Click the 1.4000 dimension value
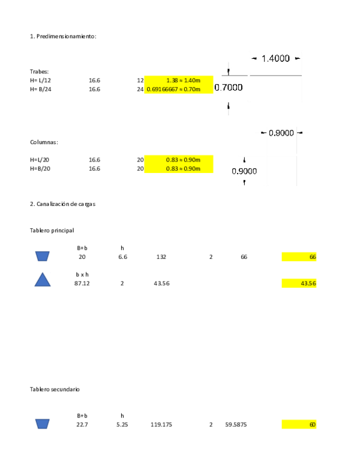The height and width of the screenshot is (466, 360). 275,58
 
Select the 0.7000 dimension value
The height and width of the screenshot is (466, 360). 229,87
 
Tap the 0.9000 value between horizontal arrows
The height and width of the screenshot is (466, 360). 281,133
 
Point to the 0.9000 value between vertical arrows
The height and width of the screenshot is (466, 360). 244,171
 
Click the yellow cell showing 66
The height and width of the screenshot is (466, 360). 299,257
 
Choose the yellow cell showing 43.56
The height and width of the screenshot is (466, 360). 299,283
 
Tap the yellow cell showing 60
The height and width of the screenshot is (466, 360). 299,425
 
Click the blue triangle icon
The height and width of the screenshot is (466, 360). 42,280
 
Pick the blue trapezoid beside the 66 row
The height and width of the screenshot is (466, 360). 42,256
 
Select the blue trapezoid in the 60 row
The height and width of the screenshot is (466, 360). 42,424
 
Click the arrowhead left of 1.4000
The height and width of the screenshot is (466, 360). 254,58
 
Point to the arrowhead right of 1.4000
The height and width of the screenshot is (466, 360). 297,58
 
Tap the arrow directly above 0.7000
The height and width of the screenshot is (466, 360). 229,71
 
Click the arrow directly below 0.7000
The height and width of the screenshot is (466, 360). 229,106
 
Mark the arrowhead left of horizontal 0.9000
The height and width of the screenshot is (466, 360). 263,133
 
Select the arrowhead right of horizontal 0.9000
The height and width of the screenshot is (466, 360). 299,133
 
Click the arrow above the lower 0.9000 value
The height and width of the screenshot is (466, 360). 244,160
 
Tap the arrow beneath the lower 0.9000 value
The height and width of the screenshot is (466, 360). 244,182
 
